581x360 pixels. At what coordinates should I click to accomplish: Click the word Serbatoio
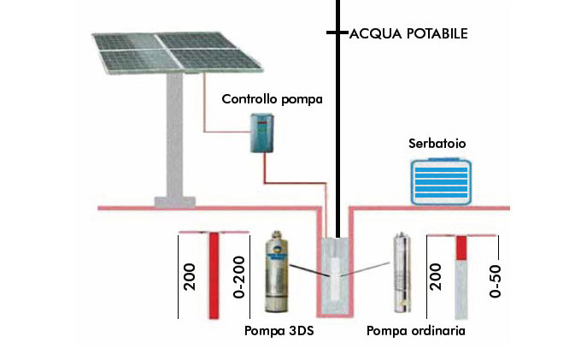click(437, 145)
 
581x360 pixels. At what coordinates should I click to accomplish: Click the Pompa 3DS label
click(279, 330)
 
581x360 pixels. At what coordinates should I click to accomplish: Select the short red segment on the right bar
click(461, 248)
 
